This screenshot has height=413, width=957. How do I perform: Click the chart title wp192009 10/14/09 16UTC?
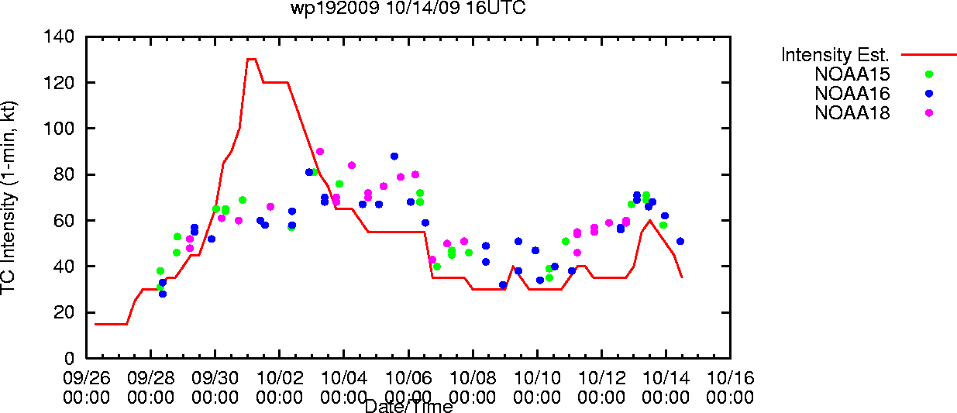408,8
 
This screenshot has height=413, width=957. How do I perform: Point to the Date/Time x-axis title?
409,406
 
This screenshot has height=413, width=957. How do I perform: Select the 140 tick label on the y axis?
59,36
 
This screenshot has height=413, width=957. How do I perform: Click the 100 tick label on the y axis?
59,129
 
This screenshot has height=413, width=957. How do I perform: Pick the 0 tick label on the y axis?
69,358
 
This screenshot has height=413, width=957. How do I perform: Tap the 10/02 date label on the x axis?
280,378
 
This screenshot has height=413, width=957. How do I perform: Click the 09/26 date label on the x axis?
87,378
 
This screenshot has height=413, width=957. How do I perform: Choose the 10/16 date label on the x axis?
731,378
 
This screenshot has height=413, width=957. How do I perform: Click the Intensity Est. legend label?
835,55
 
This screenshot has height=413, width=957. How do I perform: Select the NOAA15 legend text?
852,74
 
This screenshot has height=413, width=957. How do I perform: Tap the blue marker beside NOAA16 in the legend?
929,94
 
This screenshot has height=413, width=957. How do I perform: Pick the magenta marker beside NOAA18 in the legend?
929,113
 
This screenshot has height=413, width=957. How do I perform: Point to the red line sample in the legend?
929,55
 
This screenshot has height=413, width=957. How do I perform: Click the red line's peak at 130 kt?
251,59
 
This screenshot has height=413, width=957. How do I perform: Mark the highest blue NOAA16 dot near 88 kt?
394,157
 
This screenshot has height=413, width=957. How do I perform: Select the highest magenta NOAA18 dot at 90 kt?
320,152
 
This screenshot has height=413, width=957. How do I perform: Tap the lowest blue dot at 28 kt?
163,294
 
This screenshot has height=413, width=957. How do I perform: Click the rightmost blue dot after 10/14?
680,241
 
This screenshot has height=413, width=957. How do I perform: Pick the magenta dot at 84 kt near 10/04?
352,165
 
